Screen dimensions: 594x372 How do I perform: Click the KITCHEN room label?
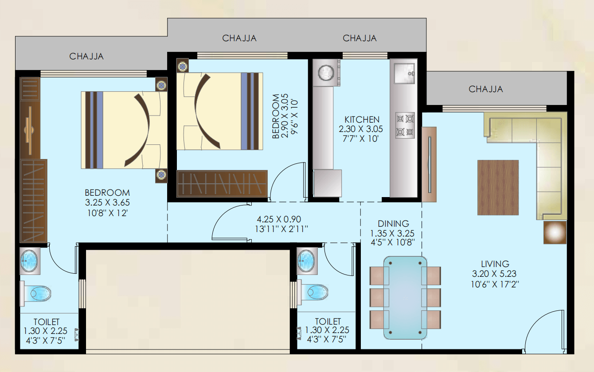pyautogui.click(x=362, y=120)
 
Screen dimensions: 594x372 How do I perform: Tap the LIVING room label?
pyautogui.click(x=495, y=264)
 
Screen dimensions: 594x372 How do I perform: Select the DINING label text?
pyautogui.click(x=393, y=224)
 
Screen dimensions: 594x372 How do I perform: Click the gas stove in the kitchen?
pyautogui.click(x=405, y=125)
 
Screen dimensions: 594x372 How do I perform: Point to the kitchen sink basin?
pyautogui.click(x=404, y=74)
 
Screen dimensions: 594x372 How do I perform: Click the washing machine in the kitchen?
pyautogui.click(x=326, y=73)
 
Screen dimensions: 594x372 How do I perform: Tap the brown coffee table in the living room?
pyautogui.click(x=498, y=187)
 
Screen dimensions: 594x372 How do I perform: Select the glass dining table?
pyautogui.click(x=405, y=298)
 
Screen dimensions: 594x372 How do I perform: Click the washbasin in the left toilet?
pyautogui.click(x=29, y=261)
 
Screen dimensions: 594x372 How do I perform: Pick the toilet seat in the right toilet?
pyautogui.click(x=315, y=293)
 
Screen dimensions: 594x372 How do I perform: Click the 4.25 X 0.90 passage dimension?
pyautogui.click(x=279, y=219)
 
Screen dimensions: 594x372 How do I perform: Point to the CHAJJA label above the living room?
pyautogui.click(x=486, y=89)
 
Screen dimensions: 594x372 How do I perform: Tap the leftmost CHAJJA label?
pyautogui.click(x=86, y=56)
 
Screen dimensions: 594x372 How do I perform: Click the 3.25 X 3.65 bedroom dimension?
pyautogui.click(x=107, y=203)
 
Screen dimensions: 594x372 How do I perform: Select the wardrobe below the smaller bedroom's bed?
pyautogui.click(x=222, y=184)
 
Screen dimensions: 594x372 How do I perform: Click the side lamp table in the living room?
pyautogui.click(x=555, y=232)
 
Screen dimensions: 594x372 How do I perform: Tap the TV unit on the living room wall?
pyautogui.click(x=429, y=164)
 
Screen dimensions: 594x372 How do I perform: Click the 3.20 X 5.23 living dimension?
pyautogui.click(x=495, y=274)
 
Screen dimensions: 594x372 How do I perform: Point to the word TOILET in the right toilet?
pyautogui.click(x=328, y=322)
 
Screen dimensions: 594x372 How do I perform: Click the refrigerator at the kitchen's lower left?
pyautogui.click(x=327, y=183)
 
